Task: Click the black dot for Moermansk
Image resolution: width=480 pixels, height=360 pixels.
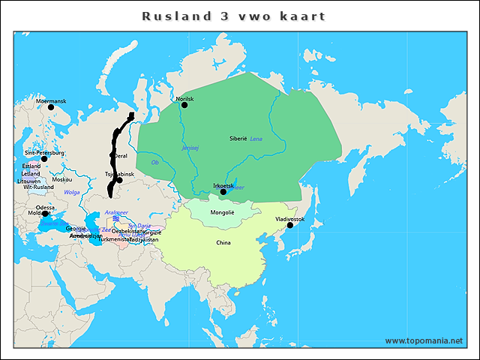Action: [x=51, y=107]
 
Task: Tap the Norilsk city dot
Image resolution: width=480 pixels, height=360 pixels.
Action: [x=184, y=105]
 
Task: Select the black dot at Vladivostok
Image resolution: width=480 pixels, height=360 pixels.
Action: [x=289, y=225]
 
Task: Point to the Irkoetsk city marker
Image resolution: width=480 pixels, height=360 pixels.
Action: [x=223, y=192]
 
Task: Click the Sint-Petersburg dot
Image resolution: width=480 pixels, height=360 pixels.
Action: [x=44, y=159]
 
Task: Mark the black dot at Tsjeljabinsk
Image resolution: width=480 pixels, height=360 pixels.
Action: [x=119, y=180]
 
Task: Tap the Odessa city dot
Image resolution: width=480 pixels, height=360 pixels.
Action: [x=45, y=214]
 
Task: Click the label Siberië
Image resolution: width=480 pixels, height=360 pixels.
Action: [x=238, y=139]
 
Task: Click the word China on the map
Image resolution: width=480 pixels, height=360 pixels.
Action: [x=223, y=242]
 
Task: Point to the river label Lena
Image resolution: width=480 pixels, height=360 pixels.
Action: [x=256, y=139]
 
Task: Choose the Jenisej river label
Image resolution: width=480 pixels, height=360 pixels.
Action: [x=190, y=148]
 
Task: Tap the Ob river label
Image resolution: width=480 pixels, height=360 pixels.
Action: [x=155, y=162]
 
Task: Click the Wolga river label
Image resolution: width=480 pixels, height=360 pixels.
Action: [x=72, y=192]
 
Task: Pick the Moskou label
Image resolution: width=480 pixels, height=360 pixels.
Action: [x=62, y=179]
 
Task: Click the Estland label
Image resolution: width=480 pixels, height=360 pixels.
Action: [x=31, y=166]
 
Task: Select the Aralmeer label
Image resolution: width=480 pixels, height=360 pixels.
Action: [x=116, y=212]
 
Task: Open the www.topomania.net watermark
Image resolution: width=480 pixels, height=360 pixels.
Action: [x=424, y=340]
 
